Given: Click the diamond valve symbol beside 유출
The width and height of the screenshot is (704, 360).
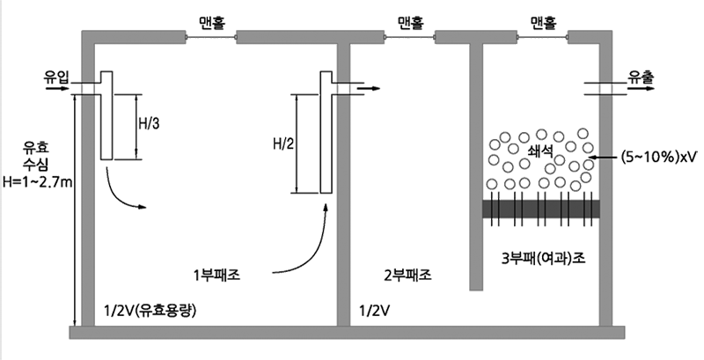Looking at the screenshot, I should (x=605, y=90).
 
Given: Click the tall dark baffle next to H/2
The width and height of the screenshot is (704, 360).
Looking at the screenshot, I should (x=327, y=132).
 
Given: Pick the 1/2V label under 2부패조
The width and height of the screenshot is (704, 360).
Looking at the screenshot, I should (x=375, y=311).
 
